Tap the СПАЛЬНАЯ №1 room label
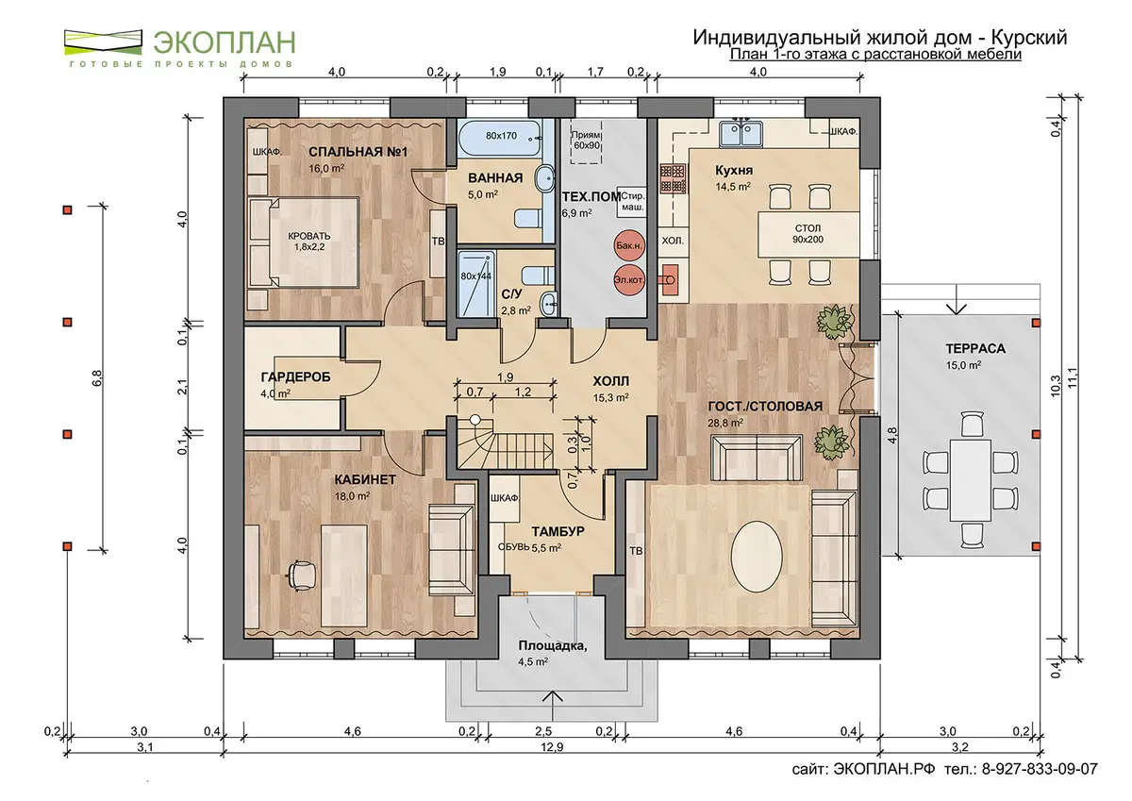tap(358, 152)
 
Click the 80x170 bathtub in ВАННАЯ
tap(500, 137)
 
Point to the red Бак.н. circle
tap(629, 245)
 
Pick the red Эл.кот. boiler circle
tap(629, 279)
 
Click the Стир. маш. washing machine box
tap(631, 201)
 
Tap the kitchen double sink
tap(741, 132)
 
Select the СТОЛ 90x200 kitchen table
tap(808, 234)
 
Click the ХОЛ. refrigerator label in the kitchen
tap(672, 242)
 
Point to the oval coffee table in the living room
tap(757, 556)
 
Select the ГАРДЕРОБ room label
tap(295, 377)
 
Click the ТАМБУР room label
tap(558, 531)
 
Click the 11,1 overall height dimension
tap(1073, 378)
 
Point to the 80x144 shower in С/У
tap(475, 284)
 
